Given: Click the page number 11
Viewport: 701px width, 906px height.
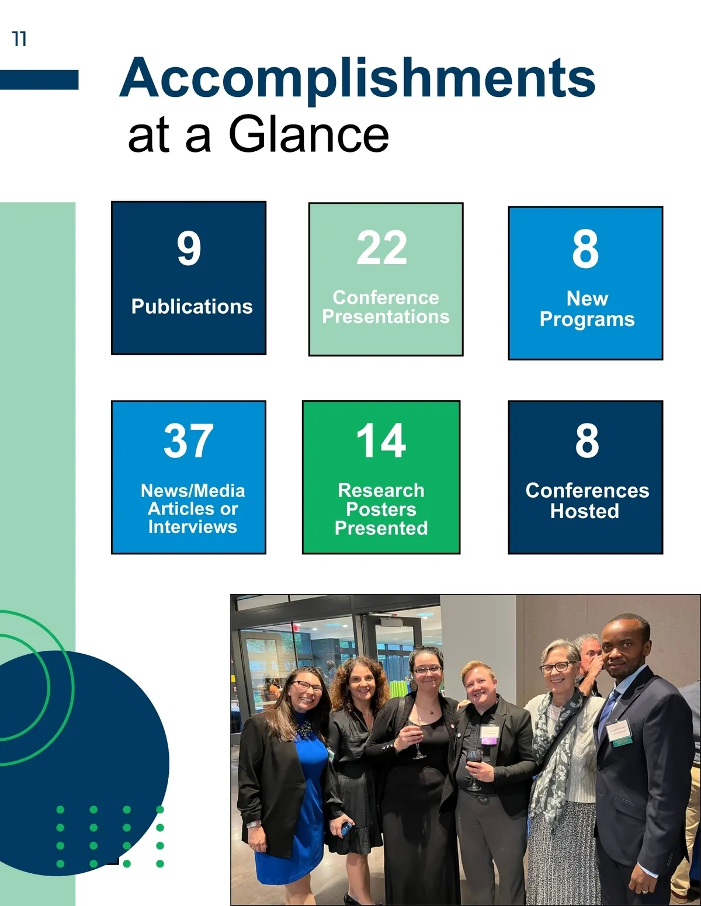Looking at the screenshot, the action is pos(19,39).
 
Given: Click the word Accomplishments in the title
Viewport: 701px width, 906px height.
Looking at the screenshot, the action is pos(358,79).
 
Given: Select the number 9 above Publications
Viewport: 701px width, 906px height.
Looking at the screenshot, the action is pos(189,248).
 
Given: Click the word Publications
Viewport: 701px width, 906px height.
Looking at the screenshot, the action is pos(192,307).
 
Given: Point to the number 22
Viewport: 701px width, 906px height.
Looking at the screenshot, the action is pos(382,248).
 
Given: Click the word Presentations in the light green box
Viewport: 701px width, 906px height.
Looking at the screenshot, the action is pos(386,317).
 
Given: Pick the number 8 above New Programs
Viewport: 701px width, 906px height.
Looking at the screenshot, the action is pos(585,250).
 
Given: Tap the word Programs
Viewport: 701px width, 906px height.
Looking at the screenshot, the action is pos(587,320).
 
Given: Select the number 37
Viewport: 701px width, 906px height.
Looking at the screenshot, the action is pos(188,440).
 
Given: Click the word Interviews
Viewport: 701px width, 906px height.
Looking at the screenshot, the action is pos(193,527).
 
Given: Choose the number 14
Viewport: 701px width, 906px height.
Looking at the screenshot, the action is pos(381,440).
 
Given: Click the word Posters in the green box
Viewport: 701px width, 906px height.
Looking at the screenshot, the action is pos(381,509).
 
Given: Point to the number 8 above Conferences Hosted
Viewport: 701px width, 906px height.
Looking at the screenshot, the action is pos(587,440).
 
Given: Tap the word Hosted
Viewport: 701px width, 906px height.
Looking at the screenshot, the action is pos(585,511).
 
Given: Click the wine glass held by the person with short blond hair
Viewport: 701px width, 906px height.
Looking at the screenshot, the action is pos(474,770).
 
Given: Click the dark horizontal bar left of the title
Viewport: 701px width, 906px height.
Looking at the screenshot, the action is pos(39,79).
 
